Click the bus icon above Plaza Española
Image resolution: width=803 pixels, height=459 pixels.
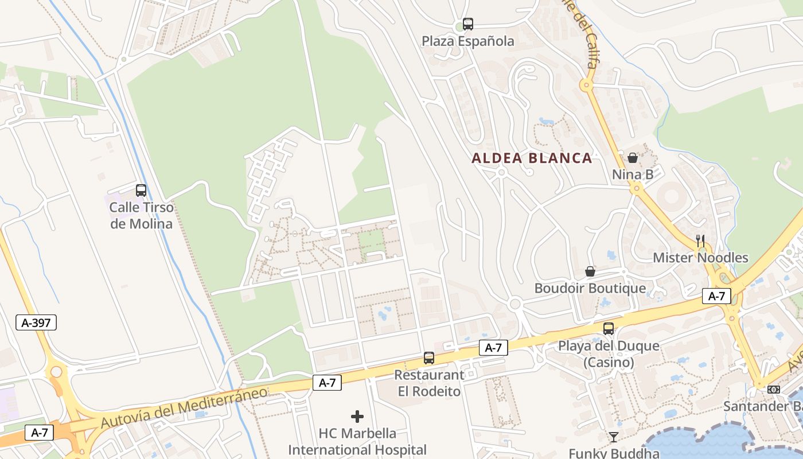click(468, 24)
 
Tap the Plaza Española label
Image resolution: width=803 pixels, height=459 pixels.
click(468, 41)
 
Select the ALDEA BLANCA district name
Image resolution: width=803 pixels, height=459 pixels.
click(532, 158)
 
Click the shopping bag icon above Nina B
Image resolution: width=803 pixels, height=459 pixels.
click(633, 158)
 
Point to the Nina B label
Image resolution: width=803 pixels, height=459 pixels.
click(633, 174)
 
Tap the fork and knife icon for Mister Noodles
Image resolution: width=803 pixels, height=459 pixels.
click(700, 241)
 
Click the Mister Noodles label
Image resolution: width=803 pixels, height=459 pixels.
click(700, 258)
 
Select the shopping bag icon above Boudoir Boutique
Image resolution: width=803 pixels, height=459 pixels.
click(590, 271)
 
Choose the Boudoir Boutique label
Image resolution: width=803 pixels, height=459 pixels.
click(590, 288)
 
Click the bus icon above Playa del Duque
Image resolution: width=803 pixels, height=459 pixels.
click(609, 329)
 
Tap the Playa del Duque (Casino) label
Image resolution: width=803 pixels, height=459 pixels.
click(609, 355)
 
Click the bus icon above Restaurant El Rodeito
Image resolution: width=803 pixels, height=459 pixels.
click(429, 358)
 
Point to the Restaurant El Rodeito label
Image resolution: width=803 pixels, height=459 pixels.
click(429, 383)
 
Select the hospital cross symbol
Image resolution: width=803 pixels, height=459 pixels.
click(357, 416)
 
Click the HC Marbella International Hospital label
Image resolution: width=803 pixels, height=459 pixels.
click(357, 441)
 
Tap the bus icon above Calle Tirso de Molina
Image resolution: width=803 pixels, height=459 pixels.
click(141, 190)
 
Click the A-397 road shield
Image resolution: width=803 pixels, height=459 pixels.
click(36, 322)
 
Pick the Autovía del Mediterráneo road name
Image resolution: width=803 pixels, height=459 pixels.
click(184, 407)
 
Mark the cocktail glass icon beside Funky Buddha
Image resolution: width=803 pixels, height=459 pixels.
click(614, 437)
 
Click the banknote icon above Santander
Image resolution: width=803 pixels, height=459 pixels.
click(774, 390)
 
